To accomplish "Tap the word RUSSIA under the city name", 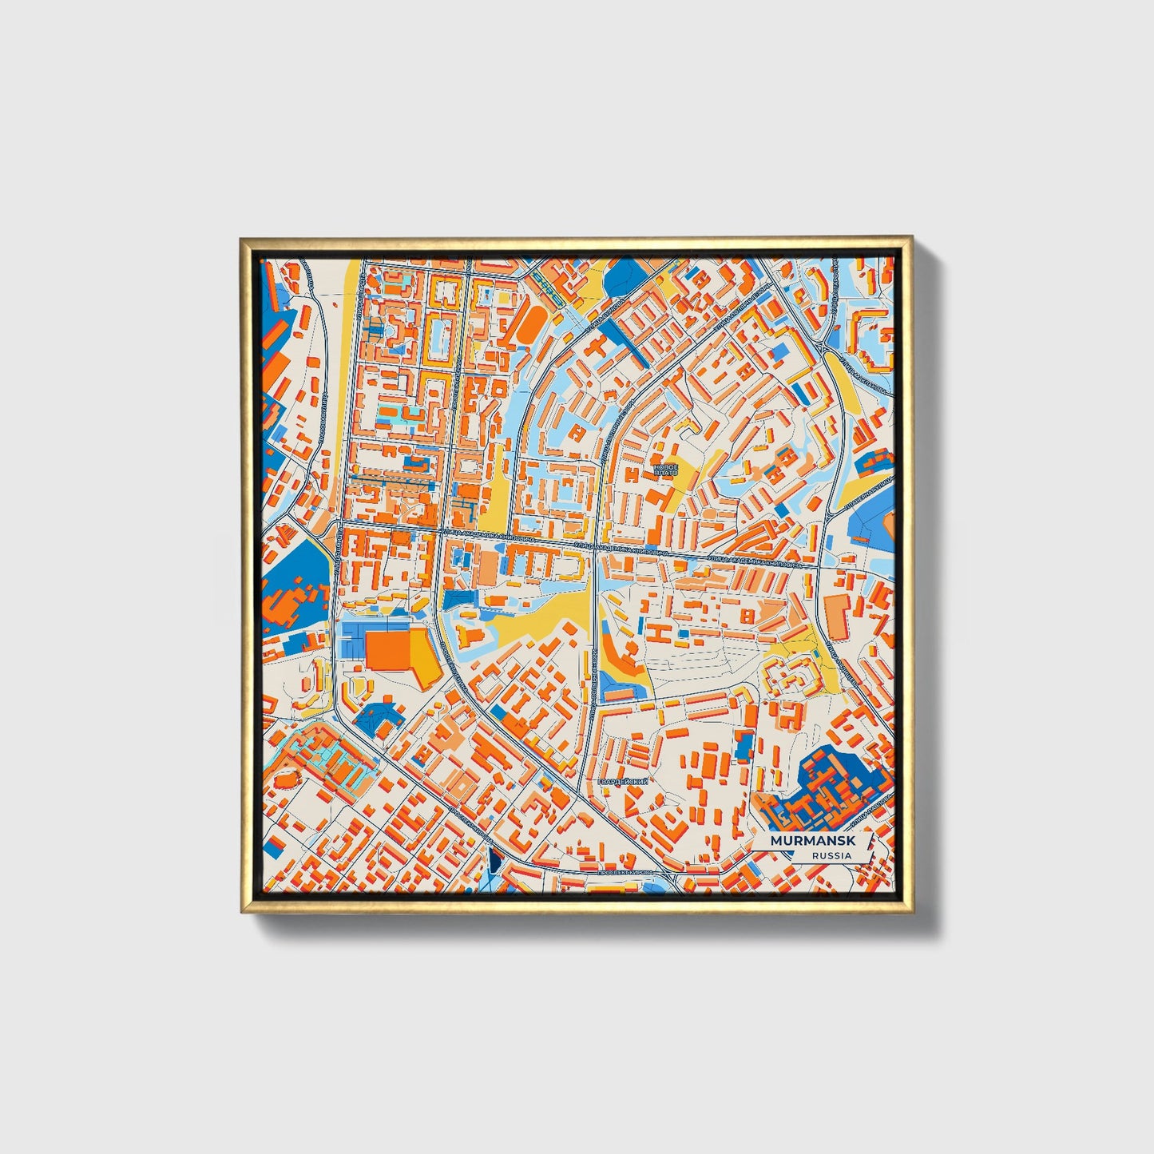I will (831, 855).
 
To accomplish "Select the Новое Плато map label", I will (665, 469).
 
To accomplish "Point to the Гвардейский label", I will (622, 781).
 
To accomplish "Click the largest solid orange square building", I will (388, 649).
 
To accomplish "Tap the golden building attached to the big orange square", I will (423, 656).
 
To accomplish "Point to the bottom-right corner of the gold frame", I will (911, 912).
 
